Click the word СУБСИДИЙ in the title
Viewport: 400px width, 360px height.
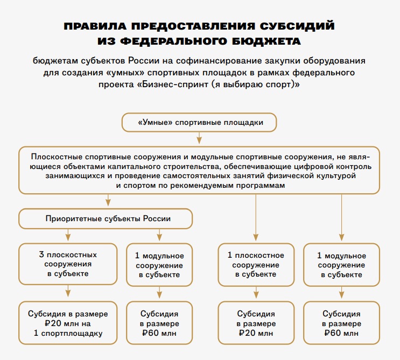(297, 26)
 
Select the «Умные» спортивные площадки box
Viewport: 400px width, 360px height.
(199, 122)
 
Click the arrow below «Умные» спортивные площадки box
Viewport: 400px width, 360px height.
(199, 138)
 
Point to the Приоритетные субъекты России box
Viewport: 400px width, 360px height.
(106, 219)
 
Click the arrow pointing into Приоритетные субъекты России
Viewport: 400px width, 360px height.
(108, 200)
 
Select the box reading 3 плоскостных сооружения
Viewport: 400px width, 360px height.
(68, 264)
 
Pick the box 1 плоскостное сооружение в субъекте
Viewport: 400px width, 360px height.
(256, 265)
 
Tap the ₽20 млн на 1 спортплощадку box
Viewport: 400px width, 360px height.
(68, 323)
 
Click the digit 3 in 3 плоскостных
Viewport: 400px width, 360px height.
(41, 255)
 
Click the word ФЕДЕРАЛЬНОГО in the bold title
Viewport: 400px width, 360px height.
(173, 41)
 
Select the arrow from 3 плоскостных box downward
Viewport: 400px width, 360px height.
(68, 291)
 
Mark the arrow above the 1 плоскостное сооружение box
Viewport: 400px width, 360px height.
(256, 218)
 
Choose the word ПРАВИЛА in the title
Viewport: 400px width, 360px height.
(95, 26)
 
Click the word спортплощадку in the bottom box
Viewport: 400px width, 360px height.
(72, 334)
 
